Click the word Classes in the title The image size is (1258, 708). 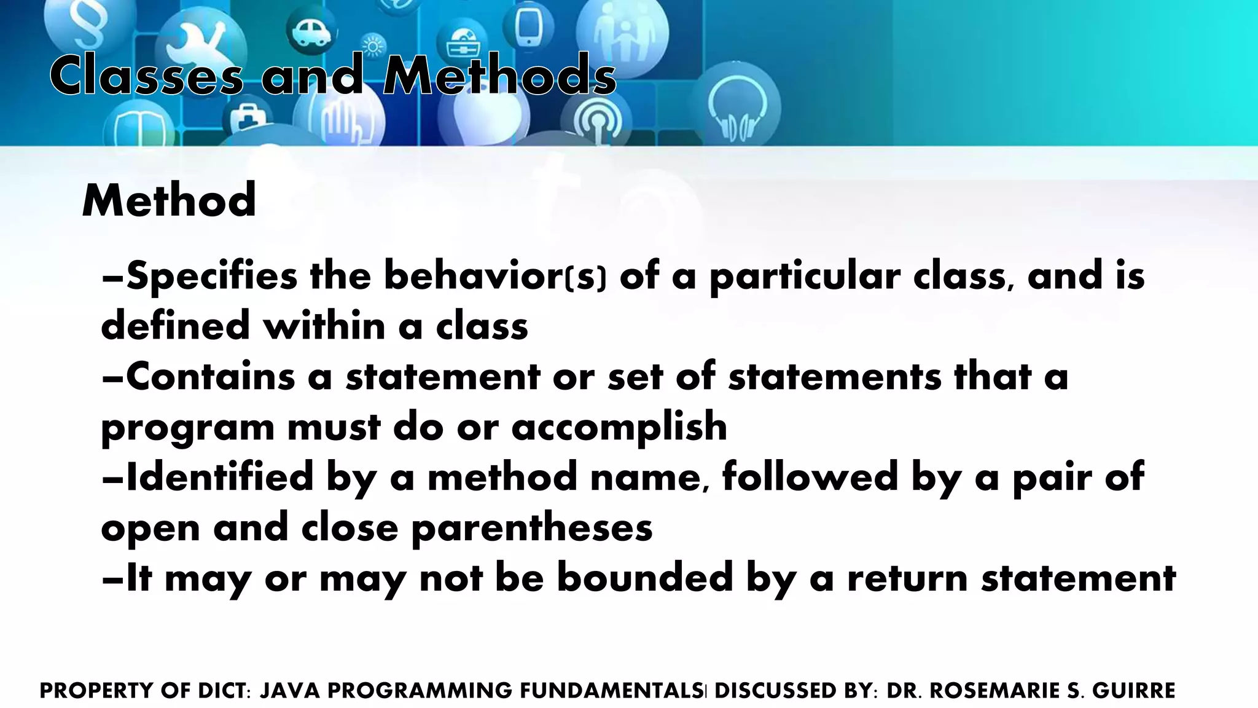tap(146, 76)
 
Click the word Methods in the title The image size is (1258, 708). tap(499, 76)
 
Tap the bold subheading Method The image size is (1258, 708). tap(169, 200)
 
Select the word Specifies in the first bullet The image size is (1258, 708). tap(211, 277)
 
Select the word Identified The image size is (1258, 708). tap(219, 478)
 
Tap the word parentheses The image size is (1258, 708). tap(531, 528)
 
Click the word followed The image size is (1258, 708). tap(810, 478)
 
